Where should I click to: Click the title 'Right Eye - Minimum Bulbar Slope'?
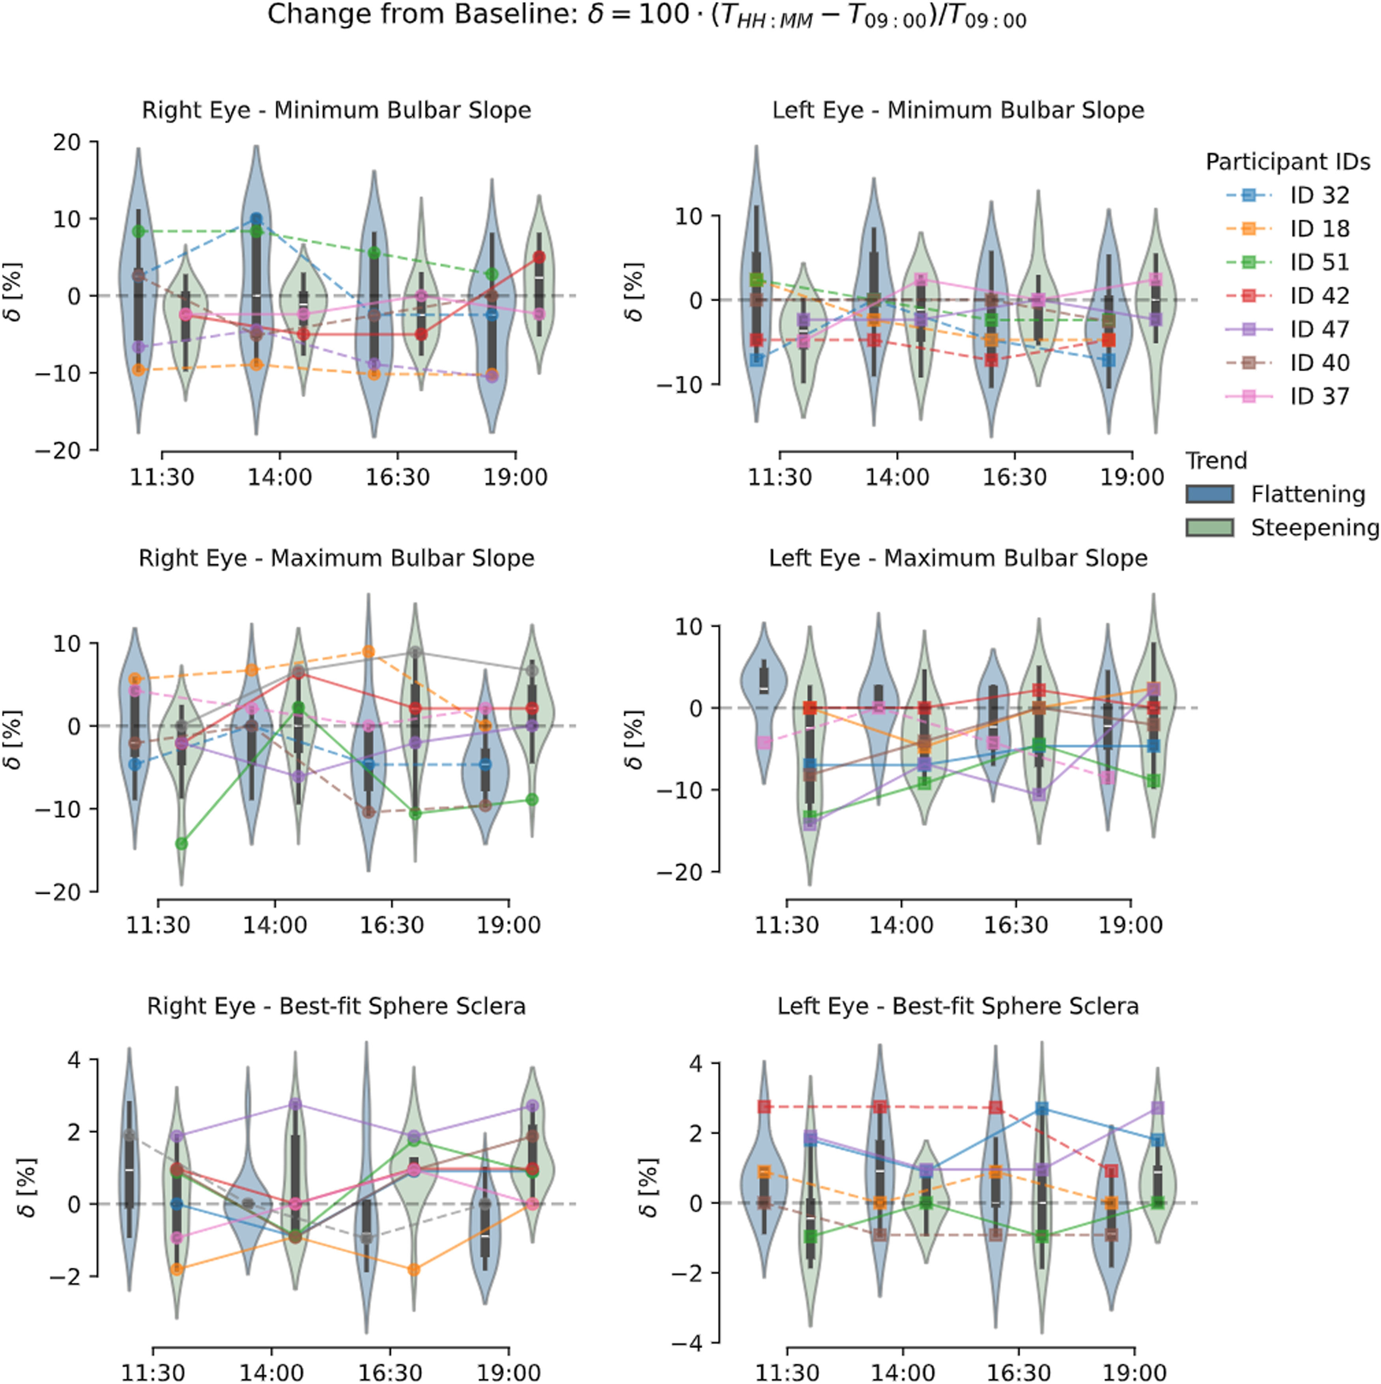coord(336,110)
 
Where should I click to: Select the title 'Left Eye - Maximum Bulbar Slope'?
coord(958,558)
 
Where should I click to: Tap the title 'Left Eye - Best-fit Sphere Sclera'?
coord(958,1006)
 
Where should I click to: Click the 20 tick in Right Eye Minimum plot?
coord(67,142)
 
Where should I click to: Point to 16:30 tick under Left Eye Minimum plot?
coord(1015,477)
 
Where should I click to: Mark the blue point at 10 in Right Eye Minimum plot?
coord(256,219)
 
